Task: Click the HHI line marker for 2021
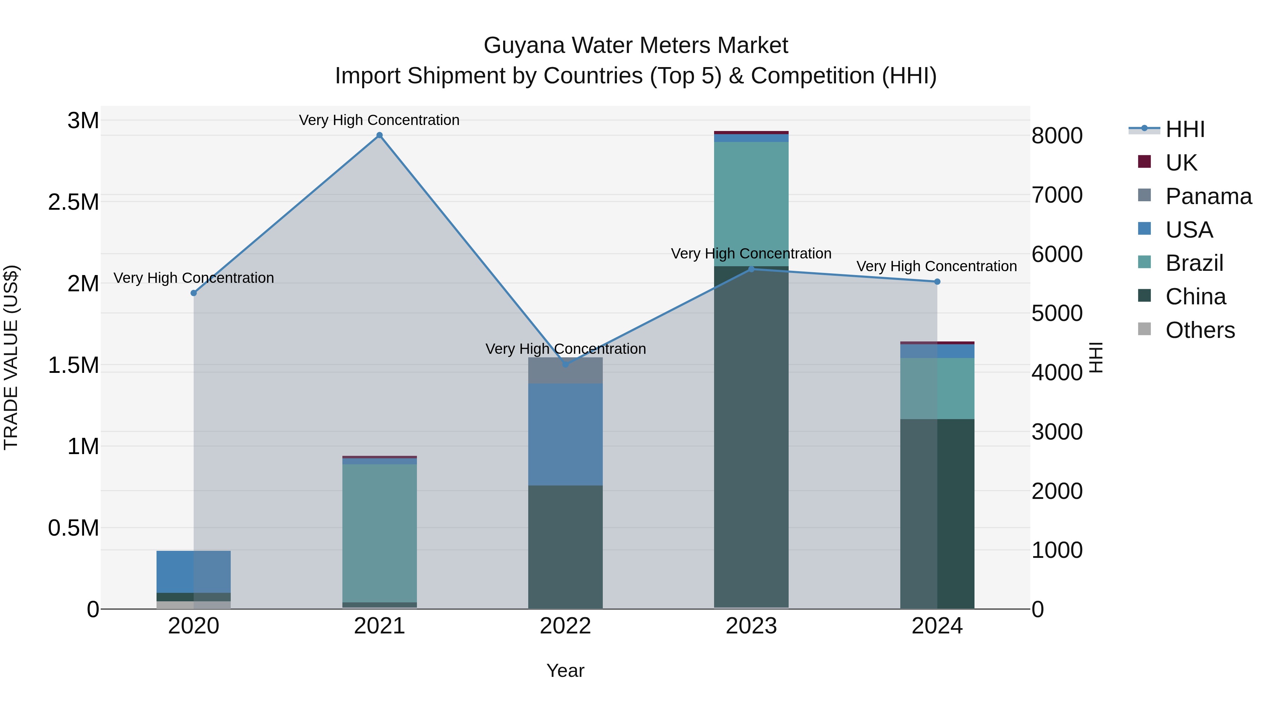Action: (379, 135)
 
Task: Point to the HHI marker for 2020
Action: (194, 293)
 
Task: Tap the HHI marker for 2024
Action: (937, 282)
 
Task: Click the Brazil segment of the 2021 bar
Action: (379, 533)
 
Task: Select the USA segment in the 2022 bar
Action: (565, 434)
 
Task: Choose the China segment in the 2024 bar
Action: (937, 513)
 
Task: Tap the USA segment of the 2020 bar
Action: (194, 571)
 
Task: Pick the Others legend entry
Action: (1200, 330)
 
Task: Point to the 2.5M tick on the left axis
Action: (73, 202)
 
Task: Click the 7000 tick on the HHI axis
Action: (1057, 195)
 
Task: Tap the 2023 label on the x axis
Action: (751, 626)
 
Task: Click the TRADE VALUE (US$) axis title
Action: (11, 357)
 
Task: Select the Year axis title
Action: (565, 671)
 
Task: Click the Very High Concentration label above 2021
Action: (379, 120)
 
